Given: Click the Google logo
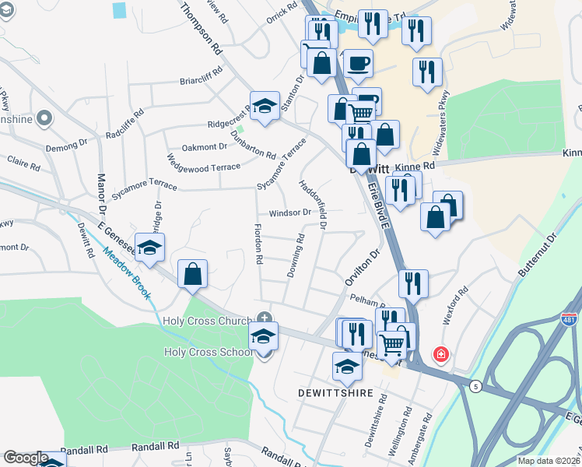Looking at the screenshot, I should pos(25,458).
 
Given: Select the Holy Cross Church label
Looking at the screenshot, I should pos(209,321).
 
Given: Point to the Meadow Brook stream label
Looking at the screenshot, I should pos(129,272).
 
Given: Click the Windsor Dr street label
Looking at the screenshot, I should pos(289,212).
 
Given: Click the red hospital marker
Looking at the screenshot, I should pos(441,354).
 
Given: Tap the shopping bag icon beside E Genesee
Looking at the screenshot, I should pos(192,274).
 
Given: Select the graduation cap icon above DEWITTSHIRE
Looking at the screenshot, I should pos(347,367).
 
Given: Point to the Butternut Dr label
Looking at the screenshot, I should pos(538,256).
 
